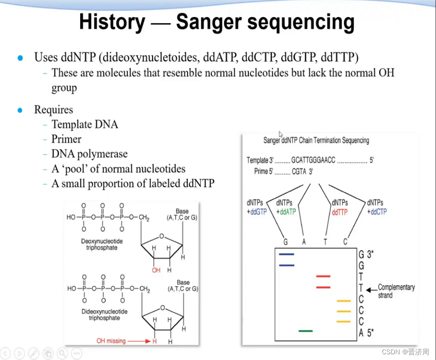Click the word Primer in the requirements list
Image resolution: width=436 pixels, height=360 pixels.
tap(66, 139)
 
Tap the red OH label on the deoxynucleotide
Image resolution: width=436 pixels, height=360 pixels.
tap(156, 270)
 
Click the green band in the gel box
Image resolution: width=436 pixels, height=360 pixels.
tap(306, 331)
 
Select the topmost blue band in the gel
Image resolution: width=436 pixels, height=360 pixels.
tap(287, 254)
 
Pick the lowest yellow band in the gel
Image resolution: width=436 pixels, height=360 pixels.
tap(343, 322)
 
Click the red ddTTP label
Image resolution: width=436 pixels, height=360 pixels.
tap(340, 212)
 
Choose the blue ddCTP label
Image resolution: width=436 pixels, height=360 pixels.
tap(378, 212)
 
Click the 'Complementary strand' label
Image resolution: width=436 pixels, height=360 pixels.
tap(396, 291)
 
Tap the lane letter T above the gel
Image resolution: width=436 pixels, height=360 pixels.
tap(325, 242)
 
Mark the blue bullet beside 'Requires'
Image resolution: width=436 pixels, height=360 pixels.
tap(20, 110)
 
